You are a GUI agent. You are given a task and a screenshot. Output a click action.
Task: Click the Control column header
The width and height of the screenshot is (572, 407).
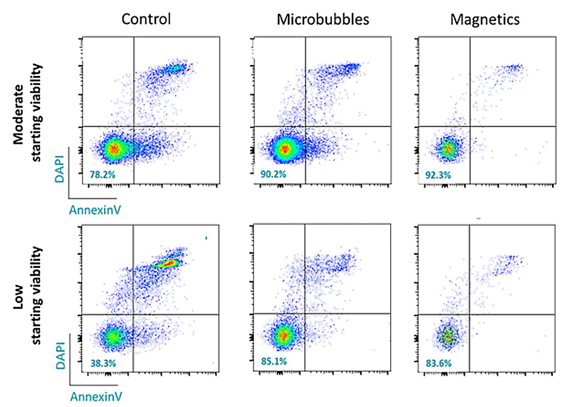click(146, 19)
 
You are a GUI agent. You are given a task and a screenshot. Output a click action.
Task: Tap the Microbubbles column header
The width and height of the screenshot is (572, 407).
click(323, 20)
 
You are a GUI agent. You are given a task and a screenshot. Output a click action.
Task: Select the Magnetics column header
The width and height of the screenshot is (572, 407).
click(485, 20)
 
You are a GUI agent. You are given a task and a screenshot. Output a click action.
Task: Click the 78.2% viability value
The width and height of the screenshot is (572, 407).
click(103, 175)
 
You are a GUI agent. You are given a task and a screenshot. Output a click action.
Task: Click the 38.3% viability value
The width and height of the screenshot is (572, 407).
click(103, 363)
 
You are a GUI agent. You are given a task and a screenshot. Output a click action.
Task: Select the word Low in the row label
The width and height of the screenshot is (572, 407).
click(19, 302)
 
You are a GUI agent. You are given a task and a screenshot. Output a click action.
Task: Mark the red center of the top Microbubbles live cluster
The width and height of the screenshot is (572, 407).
click(285, 149)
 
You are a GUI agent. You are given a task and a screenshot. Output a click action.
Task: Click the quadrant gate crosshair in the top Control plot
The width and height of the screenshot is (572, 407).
click(134, 126)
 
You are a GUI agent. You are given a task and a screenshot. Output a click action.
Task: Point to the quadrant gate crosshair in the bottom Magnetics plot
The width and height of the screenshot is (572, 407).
click(469, 314)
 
